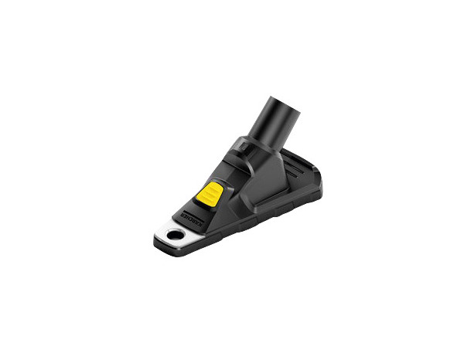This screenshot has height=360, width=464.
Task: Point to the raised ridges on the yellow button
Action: [x=211, y=195]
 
